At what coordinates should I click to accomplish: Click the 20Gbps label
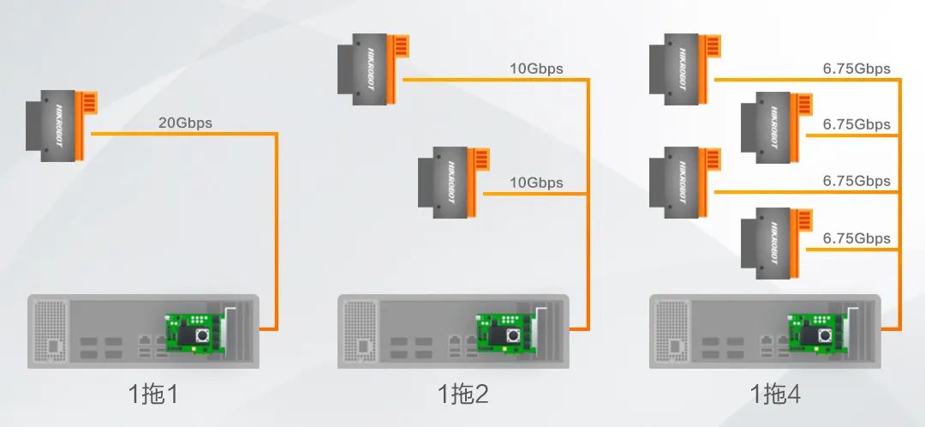click(185, 123)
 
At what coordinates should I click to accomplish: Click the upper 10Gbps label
click(536, 69)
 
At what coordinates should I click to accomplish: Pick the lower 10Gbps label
click(536, 183)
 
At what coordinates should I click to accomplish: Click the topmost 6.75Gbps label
click(856, 69)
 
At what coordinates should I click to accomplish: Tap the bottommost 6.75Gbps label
click(856, 238)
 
